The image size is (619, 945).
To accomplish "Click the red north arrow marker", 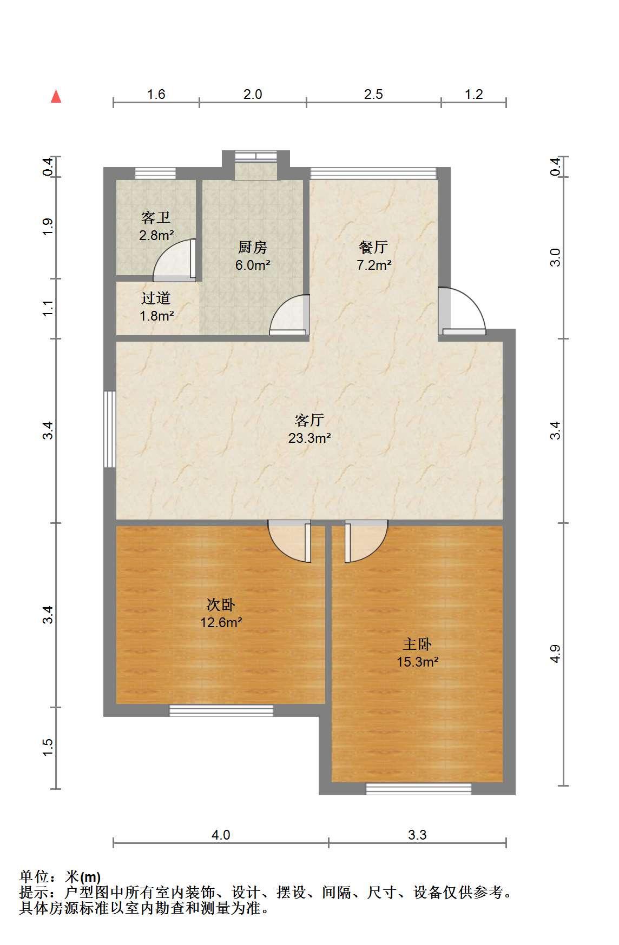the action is tap(56, 96).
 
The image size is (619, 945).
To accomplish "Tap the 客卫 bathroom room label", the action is tap(156, 218).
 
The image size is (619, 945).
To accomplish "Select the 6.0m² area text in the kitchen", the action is tap(253, 265).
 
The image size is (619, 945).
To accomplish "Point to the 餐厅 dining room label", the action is tap(373, 247).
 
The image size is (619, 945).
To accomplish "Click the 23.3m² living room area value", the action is tap(309, 438).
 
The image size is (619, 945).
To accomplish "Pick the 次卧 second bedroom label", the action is tap(221, 604).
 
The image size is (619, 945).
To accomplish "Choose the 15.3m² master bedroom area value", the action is tap(418, 662).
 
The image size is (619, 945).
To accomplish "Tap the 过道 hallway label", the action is tap(156, 298).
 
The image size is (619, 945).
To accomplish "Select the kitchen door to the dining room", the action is tap(290, 315).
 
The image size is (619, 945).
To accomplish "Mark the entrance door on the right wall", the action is tap(462, 311).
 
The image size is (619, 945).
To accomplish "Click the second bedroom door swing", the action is tap(290, 541).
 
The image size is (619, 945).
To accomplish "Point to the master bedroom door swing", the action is tap(366, 541).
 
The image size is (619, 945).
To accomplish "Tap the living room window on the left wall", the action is tap(110, 429).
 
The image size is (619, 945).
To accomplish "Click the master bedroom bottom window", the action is tap(418, 789).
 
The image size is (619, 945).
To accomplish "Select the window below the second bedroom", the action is tap(221, 710).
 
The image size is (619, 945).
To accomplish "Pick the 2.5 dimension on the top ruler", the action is tap(373, 95).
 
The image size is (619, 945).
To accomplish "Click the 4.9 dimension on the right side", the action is tap(555, 654).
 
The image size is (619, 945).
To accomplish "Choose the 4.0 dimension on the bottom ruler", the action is tap(221, 835).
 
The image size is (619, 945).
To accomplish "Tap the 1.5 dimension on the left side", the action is tap(48, 748).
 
